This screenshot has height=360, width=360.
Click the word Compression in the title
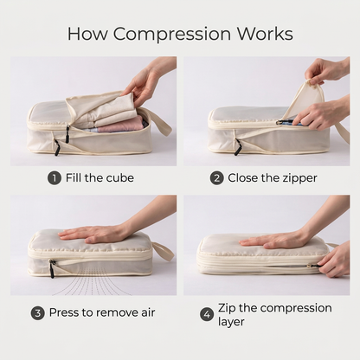[x=172, y=35]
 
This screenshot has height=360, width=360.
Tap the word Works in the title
[x=265, y=34]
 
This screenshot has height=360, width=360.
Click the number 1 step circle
[x=55, y=178]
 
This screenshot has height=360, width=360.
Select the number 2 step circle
[x=217, y=178]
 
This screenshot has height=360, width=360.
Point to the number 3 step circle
[x=38, y=313]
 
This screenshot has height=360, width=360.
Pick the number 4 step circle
[x=207, y=314]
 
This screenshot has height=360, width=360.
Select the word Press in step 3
[x=61, y=312]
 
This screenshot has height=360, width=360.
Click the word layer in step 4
[x=231, y=322]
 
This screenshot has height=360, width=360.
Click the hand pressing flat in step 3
[x=95, y=233]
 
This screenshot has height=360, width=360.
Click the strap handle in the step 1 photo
[x=162, y=125]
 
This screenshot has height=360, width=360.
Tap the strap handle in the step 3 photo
[x=164, y=251]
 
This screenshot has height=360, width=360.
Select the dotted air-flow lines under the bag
[x=93, y=285]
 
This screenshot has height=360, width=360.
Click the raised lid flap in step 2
[x=306, y=99]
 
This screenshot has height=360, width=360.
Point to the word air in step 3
[x=148, y=312]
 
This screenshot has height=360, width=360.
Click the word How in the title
[x=87, y=34]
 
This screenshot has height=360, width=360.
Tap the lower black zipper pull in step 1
[x=57, y=147]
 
